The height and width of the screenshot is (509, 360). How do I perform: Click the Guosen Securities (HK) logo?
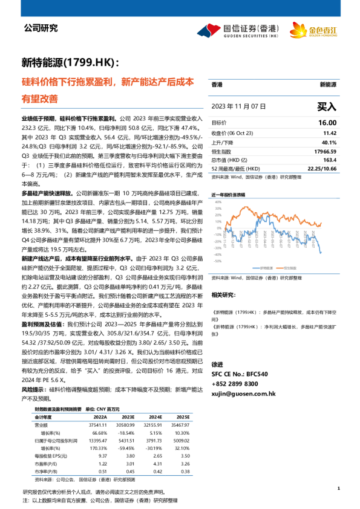[237, 30]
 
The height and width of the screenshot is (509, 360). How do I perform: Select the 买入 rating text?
[326, 106]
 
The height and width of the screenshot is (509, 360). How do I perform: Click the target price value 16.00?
[327, 123]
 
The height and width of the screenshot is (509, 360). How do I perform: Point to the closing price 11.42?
[330, 132]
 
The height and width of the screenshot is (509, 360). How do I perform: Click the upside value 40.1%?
[329, 141]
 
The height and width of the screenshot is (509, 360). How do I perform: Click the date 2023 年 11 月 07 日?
[239, 106]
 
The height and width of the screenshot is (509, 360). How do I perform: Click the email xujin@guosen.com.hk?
[243, 393]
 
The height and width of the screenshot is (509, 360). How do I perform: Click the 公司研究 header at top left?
[41, 28]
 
